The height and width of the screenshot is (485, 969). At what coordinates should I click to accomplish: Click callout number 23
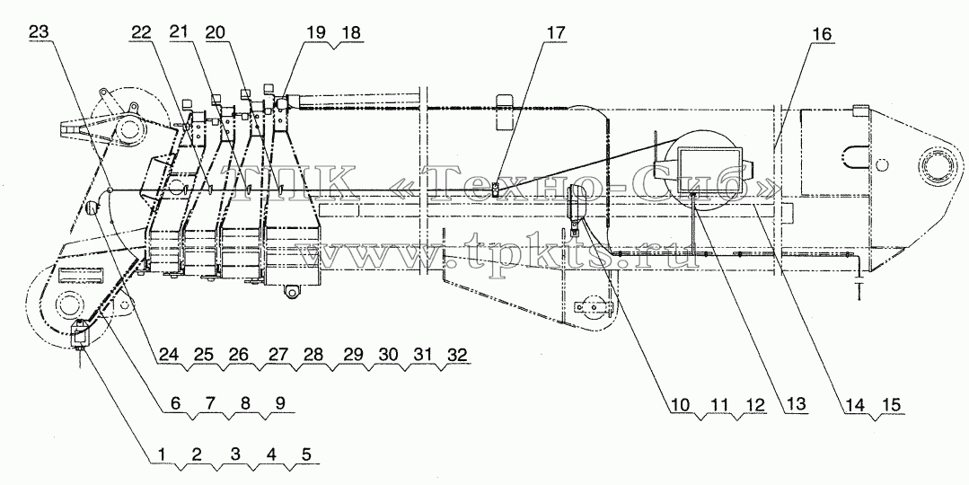pos(39,33)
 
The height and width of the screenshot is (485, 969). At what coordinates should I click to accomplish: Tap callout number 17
pos(555,33)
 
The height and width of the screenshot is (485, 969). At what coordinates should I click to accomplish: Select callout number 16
pos(822,35)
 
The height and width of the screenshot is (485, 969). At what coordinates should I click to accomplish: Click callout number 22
pos(139,33)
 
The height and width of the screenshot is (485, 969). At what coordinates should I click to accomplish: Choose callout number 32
pos(456,355)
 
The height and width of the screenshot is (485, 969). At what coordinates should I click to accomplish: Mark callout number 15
pos(890,405)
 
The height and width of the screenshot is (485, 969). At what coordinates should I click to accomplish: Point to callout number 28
pos(313,355)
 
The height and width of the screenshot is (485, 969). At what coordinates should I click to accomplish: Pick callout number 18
pos(353,33)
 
